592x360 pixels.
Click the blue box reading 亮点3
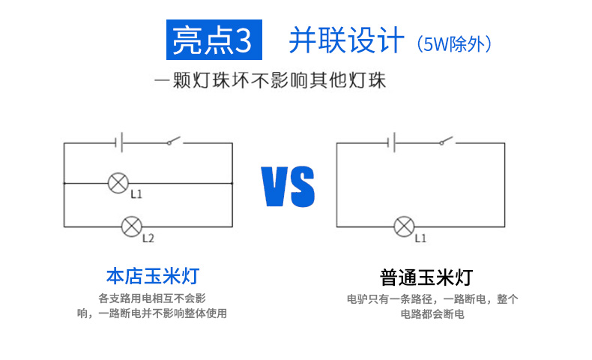point(213,40)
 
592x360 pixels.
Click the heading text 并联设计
point(346,41)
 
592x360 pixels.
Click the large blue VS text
point(288,187)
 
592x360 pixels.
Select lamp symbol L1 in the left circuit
point(118,182)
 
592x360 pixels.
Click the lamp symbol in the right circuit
point(404,226)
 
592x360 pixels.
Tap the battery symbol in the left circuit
point(118,142)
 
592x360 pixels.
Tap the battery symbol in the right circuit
point(390,142)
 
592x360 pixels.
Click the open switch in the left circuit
point(174,141)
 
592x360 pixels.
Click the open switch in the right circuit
point(447,141)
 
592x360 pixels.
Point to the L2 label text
point(148,239)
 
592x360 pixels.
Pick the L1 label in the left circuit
point(136,194)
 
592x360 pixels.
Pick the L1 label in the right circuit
point(420,238)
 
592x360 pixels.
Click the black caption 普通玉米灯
point(426,277)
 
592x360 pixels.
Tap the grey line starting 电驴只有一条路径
point(432,298)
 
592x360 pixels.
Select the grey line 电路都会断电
point(432,314)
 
